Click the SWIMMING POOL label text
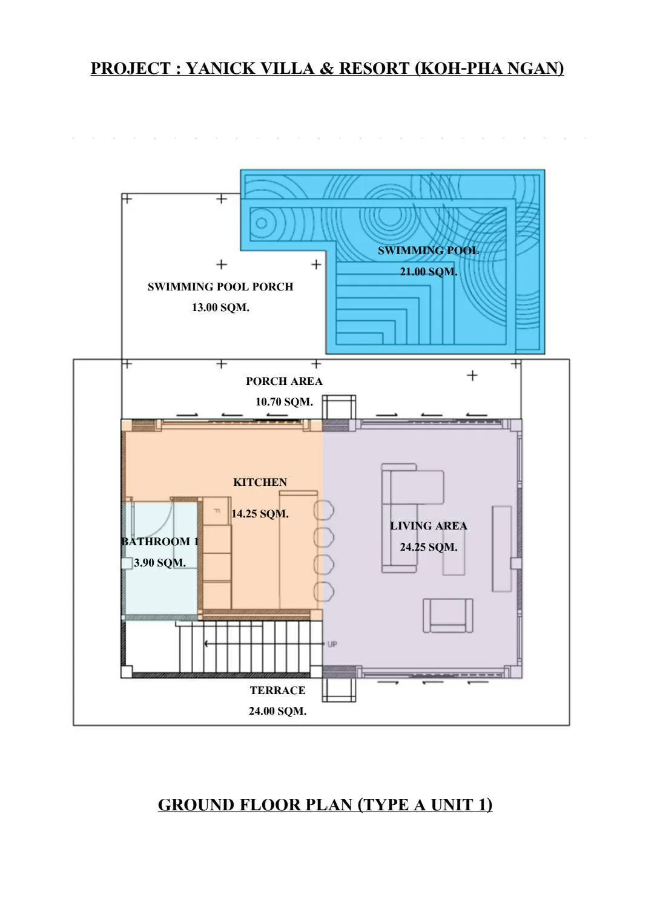(x=428, y=251)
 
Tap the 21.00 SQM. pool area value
(x=428, y=271)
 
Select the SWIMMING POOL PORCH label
(x=220, y=287)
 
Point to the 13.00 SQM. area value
(x=220, y=307)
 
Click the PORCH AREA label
(x=284, y=381)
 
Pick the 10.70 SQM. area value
(x=284, y=402)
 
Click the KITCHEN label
(x=260, y=482)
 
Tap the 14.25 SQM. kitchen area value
(x=260, y=513)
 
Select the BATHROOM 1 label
(x=160, y=542)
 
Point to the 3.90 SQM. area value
(x=160, y=562)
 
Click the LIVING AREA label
(x=428, y=526)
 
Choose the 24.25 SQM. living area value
(x=428, y=546)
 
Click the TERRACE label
(x=277, y=690)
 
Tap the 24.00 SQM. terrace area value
(x=277, y=711)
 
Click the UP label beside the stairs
(x=332, y=644)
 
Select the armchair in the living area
(x=448, y=615)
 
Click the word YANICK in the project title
(x=220, y=68)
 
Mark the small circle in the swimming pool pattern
(x=262, y=223)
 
